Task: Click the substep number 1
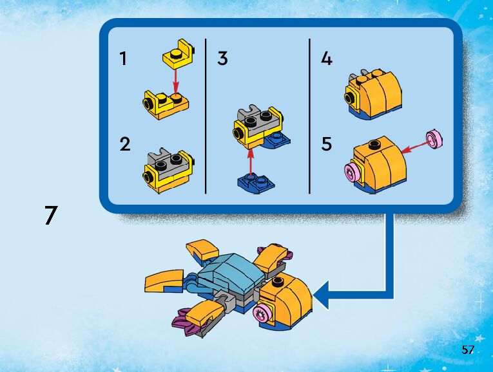(123, 59)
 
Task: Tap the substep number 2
(125, 144)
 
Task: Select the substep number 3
(222, 59)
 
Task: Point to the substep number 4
(326, 59)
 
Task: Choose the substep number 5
(326, 144)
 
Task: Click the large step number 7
(51, 215)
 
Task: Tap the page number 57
(468, 349)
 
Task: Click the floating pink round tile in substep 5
(434, 139)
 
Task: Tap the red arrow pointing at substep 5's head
(416, 147)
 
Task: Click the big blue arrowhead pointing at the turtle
(321, 295)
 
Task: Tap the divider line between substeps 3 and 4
(309, 116)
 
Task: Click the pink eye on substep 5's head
(352, 172)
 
